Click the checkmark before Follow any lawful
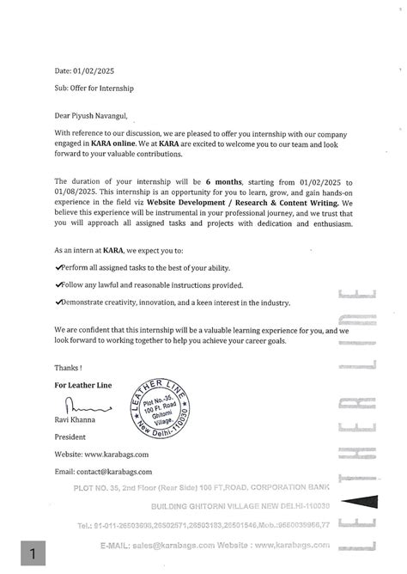coord(57,285)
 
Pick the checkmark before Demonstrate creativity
coord(57,302)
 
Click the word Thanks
coord(69,367)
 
